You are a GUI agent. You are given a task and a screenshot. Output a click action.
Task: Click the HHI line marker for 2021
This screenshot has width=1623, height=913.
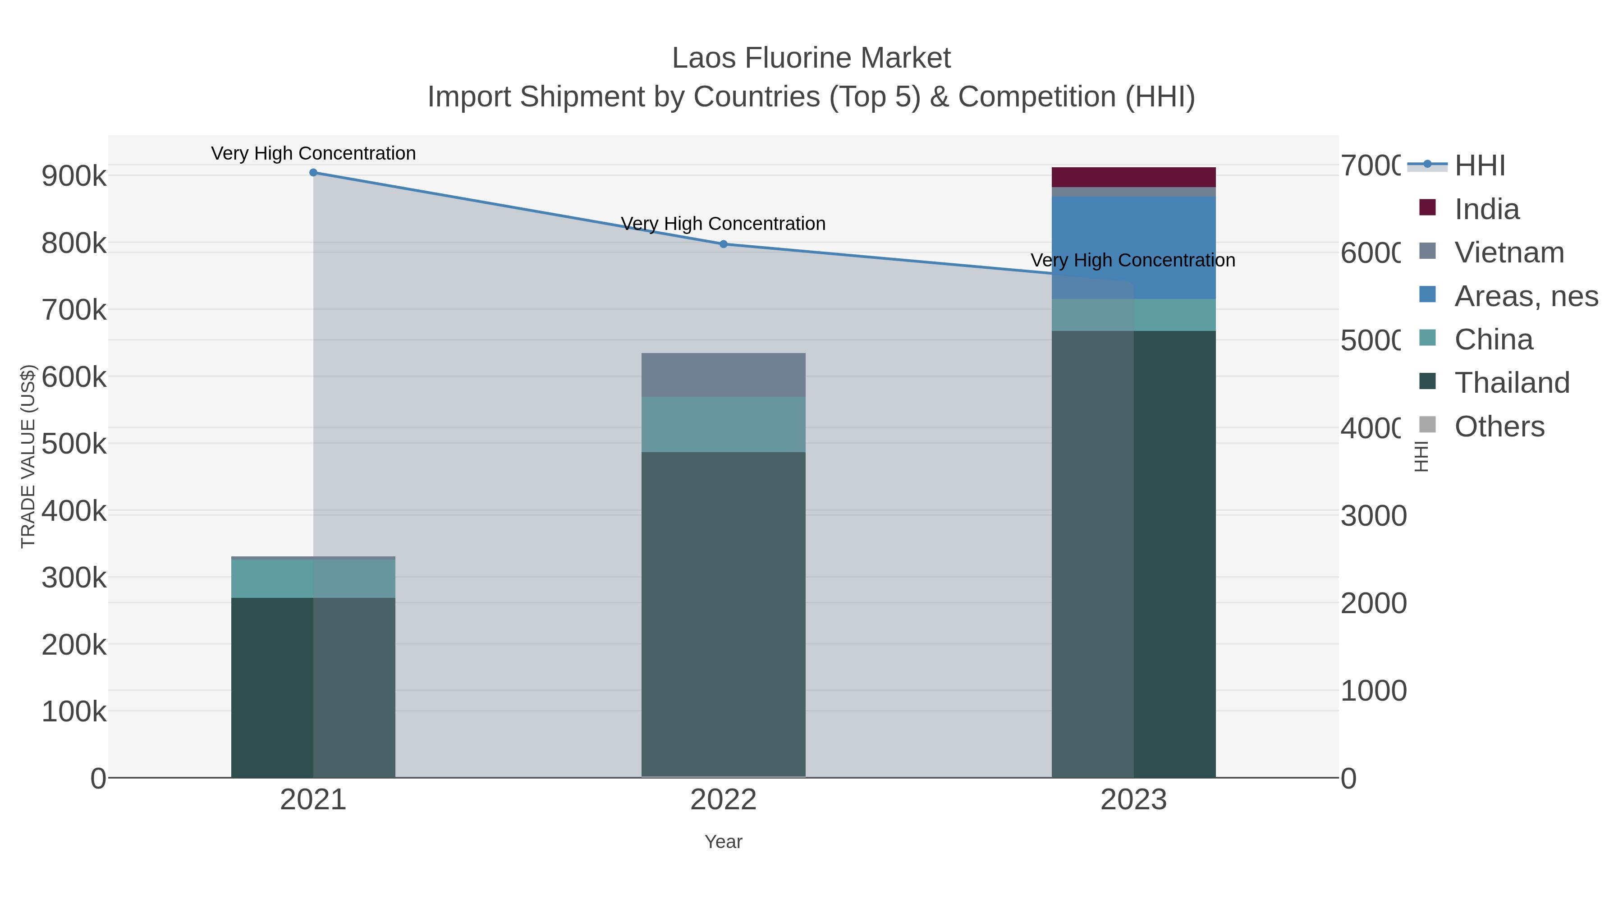click(x=313, y=173)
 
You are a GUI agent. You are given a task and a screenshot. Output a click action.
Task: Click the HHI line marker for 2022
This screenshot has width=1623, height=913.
click(x=723, y=244)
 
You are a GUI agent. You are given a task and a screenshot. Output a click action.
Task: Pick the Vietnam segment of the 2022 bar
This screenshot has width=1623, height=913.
click(x=723, y=375)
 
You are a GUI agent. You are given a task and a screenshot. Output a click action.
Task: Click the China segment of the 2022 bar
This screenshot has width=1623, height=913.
click(x=723, y=424)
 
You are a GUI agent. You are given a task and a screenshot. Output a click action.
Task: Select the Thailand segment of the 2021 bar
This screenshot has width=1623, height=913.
click(x=313, y=687)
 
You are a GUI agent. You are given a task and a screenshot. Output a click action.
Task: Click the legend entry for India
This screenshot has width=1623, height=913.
click(x=1486, y=209)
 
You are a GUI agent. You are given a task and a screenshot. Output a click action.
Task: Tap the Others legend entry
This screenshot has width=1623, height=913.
click(x=1499, y=427)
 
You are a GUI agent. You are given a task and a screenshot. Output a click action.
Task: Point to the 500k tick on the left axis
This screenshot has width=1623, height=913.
click(x=74, y=444)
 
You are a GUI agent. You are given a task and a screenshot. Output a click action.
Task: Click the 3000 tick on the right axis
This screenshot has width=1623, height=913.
click(x=1373, y=516)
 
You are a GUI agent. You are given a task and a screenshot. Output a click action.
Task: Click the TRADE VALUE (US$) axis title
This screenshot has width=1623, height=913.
click(x=28, y=456)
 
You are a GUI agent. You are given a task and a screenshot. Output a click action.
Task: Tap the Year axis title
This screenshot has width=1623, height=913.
click(x=723, y=842)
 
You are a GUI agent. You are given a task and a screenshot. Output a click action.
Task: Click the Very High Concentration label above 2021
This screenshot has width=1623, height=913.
click(x=313, y=153)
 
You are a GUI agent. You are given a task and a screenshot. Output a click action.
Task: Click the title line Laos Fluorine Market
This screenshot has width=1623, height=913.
click(x=811, y=58)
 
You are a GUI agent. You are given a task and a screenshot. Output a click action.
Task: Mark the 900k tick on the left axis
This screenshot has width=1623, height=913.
click(x=74, y=176)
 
